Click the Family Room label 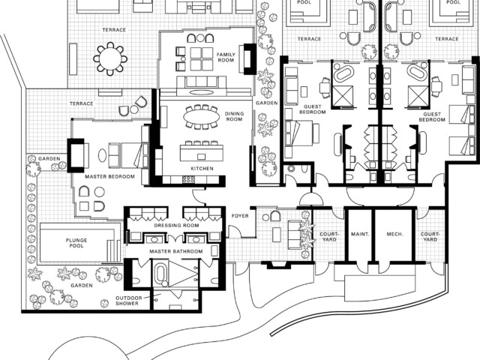(x=226, y=57)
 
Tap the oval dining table (x=202, y=117)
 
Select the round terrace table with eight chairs (x=110, y=58)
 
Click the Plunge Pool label (x=76, y=243)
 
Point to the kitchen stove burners (x=188, y=179)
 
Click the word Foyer (x=240, y=216)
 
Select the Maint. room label (x=360, y=234)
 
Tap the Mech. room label (x=394, y=234)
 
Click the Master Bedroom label (x=109, y=177)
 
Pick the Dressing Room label (x=176, y=226)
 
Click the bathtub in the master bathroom (x=160, y=274)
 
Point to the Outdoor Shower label (x=127, y=301)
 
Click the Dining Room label (x=234, y=116)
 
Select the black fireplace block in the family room (x=250, y=58)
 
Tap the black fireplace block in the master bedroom (x=76, y=155)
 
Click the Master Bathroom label (x=176, y=251)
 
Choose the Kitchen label (x=202, y=168)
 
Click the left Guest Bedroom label (x=312, y=109)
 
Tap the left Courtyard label (x=329, y=237)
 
